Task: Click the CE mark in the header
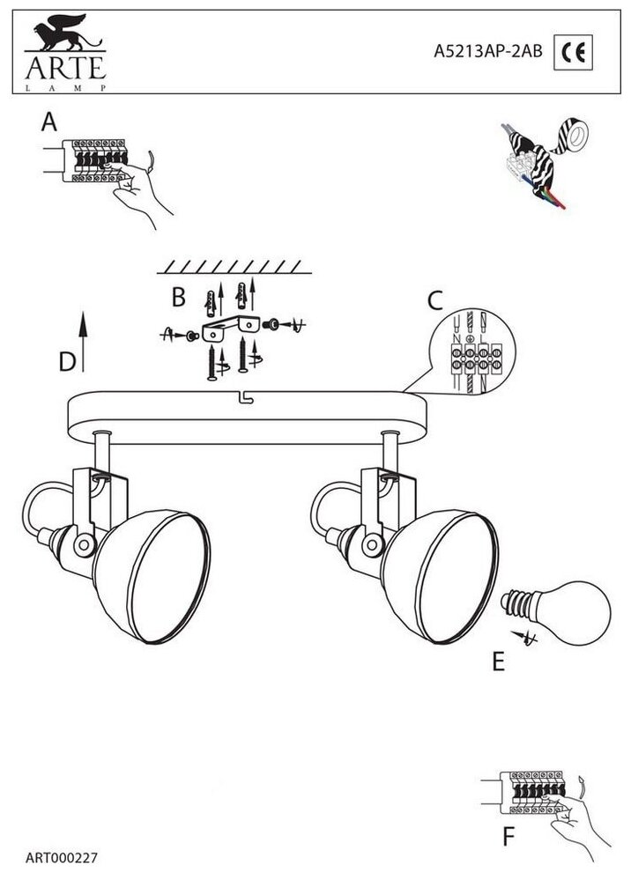point(573,54)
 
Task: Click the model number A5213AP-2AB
point(489,53)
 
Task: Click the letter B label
point(178,298)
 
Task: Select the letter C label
point(434,301)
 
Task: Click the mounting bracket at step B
point(233,330)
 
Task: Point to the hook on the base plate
point(245,398)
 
